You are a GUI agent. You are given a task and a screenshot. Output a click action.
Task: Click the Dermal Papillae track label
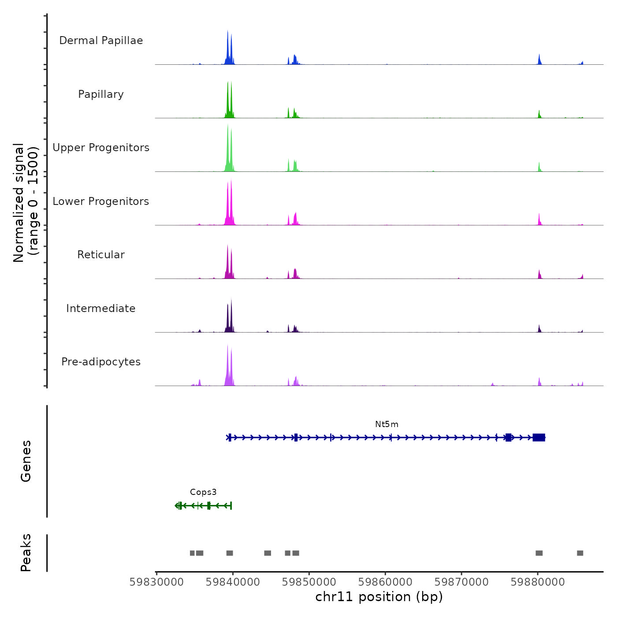tap(101, 41)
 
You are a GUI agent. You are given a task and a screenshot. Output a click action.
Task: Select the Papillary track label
tap(101, 94)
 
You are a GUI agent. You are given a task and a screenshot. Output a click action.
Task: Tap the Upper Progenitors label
tap(101, 148)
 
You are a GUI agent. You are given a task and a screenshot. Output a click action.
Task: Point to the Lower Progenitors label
tap(101, 201)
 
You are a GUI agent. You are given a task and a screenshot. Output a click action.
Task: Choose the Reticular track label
tap(101, 255)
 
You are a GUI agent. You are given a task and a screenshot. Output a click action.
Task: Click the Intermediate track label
tap(101, 308)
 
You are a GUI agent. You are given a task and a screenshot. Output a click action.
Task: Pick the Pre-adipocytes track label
tap(101, 362)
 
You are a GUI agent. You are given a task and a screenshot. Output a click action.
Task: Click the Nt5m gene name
tap(387, 424)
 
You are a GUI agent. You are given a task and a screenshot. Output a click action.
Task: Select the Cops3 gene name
tap(203, 492)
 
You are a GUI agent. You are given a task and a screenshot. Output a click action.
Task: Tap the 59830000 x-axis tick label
tap(156, 582)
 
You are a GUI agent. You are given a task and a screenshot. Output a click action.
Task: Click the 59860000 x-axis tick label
tap(385, 582)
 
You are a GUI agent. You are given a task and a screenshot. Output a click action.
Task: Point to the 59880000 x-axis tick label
tap(538, 582)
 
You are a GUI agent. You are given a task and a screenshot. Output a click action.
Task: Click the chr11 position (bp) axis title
tap(379, 597)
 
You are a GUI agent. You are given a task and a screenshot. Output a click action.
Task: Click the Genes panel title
tap(26, 461)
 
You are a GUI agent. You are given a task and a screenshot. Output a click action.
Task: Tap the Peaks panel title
tap(26, 553)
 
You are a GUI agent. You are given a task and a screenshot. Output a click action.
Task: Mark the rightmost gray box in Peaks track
tap(580, 553)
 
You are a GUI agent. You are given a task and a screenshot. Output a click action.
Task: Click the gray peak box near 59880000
tap(539, 553)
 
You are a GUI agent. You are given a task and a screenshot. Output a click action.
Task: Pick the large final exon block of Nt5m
tap(539, 437)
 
